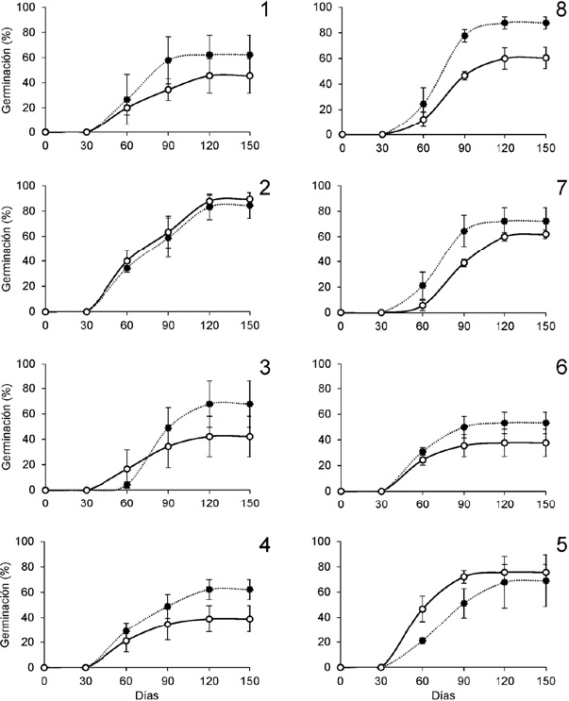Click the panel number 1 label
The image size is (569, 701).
265,14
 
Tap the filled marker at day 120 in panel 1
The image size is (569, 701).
209,55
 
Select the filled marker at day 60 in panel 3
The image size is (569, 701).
126,485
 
